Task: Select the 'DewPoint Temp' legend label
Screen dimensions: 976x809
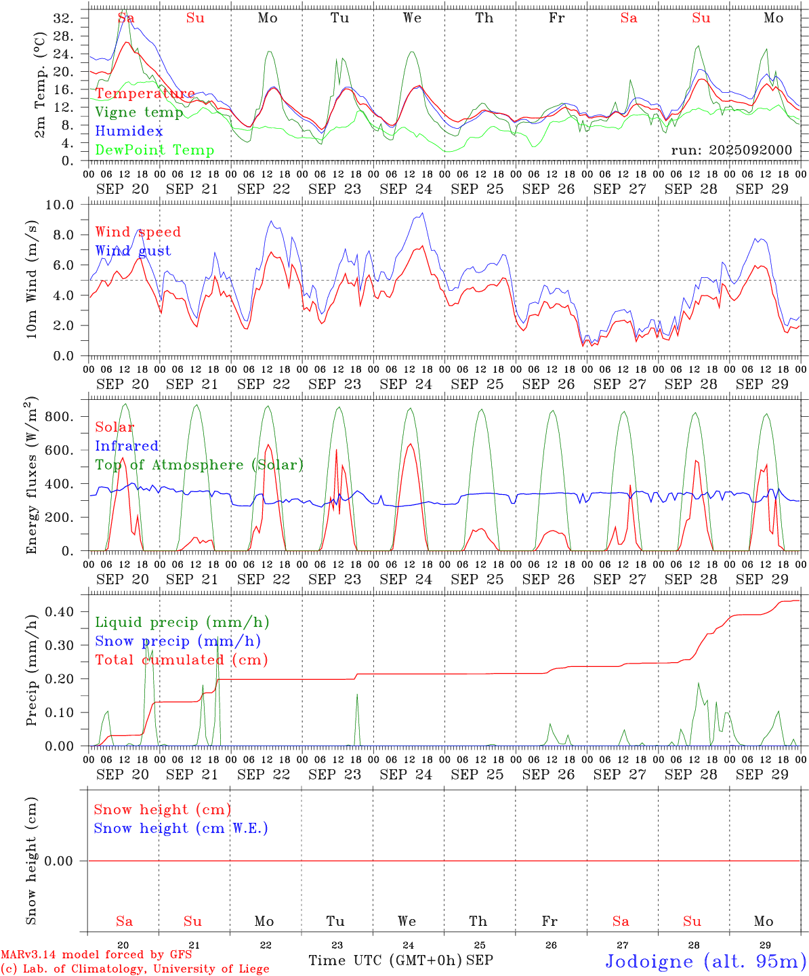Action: pos(154,150)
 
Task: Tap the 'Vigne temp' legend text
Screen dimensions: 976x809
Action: pos(139,113)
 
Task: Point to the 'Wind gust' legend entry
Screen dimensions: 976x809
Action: pos(133,251)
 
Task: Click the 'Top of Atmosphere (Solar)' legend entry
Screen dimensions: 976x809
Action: pos(199,465)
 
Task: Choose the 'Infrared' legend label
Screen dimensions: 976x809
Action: pos(127,446)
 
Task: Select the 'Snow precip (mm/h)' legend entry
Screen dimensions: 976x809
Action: pos(178,641)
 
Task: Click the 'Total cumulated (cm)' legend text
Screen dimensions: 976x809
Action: pos(181,660)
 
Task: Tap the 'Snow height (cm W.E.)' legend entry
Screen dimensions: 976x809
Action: pos(181,828)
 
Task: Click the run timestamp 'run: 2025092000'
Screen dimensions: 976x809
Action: pos(731,150)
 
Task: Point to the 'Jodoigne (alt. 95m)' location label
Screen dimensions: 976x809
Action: pos(705,961)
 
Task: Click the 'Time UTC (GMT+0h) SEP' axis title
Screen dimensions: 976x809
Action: pos(400,960)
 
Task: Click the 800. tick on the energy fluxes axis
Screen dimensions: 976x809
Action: pos(58,417)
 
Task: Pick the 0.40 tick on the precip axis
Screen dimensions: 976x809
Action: pos(58,611)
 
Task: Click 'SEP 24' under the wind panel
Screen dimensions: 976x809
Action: pos(406,384)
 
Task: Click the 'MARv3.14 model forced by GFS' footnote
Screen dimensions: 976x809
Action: pos(96,955)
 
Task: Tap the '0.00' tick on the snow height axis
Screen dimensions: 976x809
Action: pos(58,861)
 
